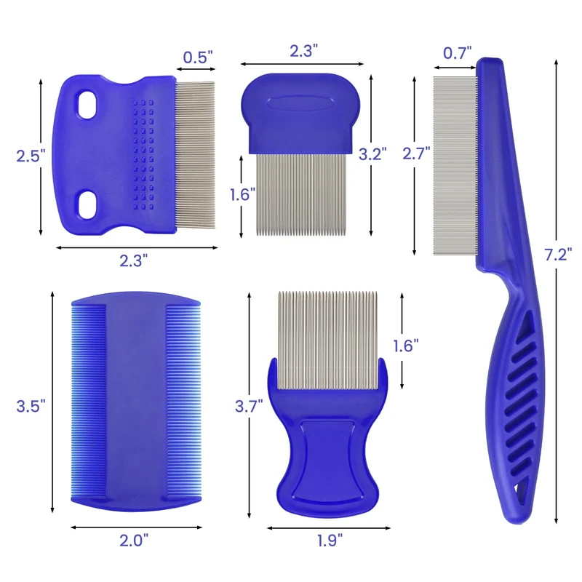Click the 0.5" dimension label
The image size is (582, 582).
click(x=198, y=57)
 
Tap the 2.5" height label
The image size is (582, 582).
click(x=31, y=156)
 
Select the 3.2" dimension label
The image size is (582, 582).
click(x=372, y=154)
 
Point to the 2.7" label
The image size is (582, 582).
click(x=416, y=154)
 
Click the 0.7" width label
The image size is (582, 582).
click(x=458, y=53)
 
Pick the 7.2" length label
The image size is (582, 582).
click(x=558, y=255)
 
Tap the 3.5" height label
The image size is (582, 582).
click(x=31, y=406)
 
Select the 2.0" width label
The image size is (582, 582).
click(x=134, y=541)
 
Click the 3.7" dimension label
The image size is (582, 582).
click(x=249, y=406)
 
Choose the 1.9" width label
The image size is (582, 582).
click(x=330, y=541)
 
